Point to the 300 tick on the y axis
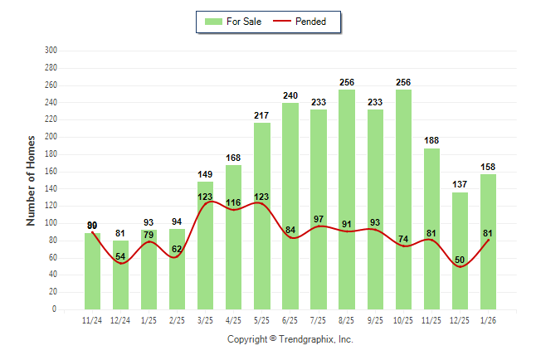point(51,51)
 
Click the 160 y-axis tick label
point(51,172)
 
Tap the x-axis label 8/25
point(347,319)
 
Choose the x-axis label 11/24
point(92,319)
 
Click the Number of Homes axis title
point(32,180)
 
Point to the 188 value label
point(431,141)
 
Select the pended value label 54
point(120,257)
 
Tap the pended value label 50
point(460,260)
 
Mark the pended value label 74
point(403,240)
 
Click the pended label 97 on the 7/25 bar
point(319,219)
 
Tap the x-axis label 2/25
point(177,319)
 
